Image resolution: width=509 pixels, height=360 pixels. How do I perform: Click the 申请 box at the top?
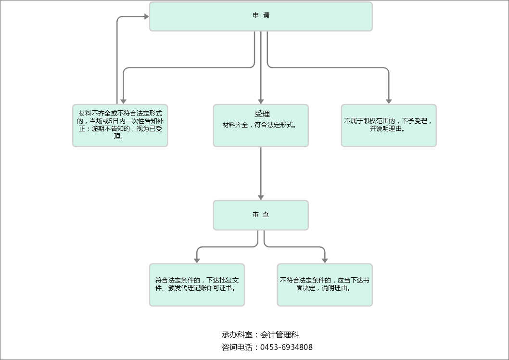[261, 16]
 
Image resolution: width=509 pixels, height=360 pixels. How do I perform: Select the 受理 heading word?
[262, 114]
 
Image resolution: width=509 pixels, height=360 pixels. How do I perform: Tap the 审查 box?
[261, 215]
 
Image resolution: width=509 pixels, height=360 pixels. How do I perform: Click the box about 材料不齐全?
[120, 125]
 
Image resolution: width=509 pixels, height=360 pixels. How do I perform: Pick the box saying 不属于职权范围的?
[388, 125]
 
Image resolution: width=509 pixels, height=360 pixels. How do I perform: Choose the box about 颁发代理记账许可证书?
[197, 284]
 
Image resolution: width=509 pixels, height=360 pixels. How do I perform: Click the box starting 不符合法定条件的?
[325, 284]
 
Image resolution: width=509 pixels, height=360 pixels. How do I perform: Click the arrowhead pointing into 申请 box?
[146, 16]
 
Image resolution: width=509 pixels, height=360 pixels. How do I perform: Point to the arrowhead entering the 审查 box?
[261, 197]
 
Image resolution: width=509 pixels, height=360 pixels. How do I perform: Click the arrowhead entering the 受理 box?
[261, 101]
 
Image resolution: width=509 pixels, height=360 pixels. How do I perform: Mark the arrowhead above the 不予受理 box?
[388, 101]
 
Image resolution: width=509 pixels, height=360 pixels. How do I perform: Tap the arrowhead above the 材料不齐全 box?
[123, 101]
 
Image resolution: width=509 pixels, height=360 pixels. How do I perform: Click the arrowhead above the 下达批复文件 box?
[197, 260]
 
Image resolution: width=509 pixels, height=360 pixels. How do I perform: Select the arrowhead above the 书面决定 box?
[325, 260]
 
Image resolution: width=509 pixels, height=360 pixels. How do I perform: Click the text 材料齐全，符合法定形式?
[259, 125]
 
